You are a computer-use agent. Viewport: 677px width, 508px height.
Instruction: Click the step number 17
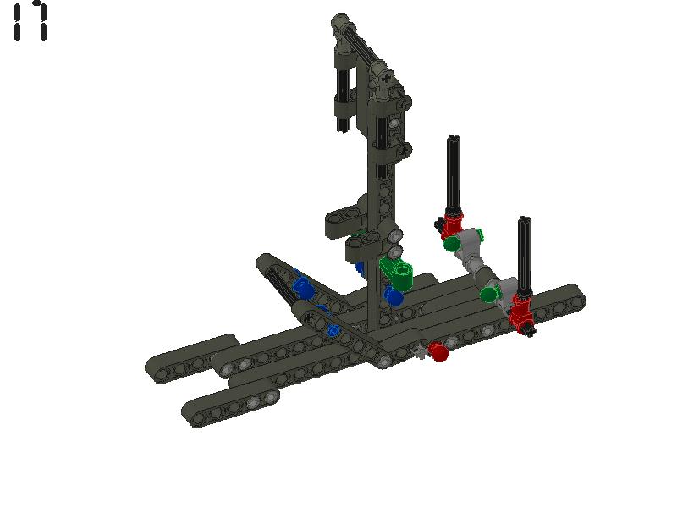pos(30,21)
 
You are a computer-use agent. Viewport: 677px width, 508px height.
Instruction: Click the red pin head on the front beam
pos(438,351)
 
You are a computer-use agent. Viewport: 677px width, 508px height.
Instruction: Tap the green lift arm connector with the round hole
pos(398,272)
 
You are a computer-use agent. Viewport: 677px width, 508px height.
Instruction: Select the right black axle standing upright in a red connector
pos(524,254)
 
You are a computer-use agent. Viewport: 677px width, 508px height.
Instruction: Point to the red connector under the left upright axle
pos(452,225)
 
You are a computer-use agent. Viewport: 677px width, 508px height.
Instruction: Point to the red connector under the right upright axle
pos(521,307)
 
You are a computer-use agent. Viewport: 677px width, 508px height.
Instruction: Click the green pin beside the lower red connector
pos(489,294)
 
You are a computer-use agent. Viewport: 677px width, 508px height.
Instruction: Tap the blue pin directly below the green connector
pos(394,296)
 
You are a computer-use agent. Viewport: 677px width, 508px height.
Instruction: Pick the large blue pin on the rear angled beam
pos(303,288)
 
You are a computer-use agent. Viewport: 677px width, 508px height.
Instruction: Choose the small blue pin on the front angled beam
pos(334,330)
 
